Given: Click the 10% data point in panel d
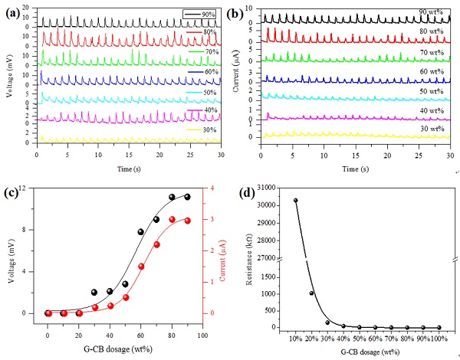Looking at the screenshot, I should (x=295, y=201).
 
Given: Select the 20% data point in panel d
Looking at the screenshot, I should (x=311, y=293).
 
